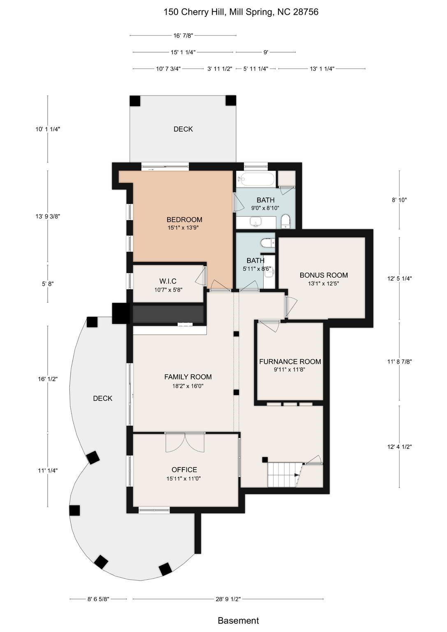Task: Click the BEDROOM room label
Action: click(184, 219)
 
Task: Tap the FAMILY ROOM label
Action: click(188, 376)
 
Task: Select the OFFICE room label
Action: click(184, 469)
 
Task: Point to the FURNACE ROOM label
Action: click(290, 361)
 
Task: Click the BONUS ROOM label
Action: click(324, 275)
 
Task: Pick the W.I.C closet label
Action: click(168, 281)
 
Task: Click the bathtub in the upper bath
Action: click(256, 178)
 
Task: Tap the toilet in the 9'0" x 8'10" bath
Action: click(286, 221)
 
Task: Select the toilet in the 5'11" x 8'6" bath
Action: click(268, 242)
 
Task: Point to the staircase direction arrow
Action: click(296, 475)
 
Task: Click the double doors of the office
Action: click(185, 442)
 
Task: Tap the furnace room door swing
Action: click(269, 326)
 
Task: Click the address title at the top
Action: click(241, 12)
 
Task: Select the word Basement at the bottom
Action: click(239, 620)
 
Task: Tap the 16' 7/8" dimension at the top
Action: click(183, 35)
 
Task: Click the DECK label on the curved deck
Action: click(103, 398)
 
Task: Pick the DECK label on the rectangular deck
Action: click(183, 129)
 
